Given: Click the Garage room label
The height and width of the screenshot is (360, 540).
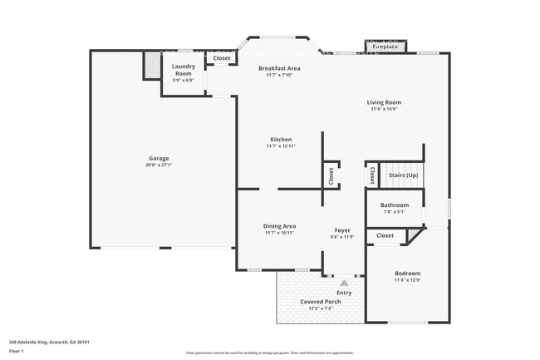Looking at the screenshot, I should point(159,158).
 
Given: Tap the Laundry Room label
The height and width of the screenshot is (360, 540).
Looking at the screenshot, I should point(183,70).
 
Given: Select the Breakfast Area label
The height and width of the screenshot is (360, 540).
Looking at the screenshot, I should point(279,68).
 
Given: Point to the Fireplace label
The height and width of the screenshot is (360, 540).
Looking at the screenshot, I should point(384,47).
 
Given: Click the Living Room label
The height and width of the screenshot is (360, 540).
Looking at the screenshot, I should point(383,102).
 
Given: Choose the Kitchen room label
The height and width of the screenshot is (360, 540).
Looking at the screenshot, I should point(281,139).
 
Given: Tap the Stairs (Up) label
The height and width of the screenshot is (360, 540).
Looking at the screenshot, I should point(403,175).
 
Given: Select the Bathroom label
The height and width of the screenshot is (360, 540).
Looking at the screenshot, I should point(395,205).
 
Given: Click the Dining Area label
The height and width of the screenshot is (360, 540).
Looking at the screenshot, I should point(280,226).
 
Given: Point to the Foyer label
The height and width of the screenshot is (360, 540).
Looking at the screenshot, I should point(342,230).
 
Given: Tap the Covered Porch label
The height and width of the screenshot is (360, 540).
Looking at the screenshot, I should point(321,302).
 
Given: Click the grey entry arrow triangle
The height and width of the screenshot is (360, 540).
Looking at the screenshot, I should point(344,284).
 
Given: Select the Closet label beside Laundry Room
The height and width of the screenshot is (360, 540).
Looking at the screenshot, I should point(222,58).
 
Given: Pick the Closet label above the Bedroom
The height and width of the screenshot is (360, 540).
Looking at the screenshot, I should point(385,235).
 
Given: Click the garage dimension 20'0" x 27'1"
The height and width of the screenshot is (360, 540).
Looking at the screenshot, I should point(159,165).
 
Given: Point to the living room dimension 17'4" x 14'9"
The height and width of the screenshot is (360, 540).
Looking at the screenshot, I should point(383,109).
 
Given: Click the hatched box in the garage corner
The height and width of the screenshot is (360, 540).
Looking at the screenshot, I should point(151,66).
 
